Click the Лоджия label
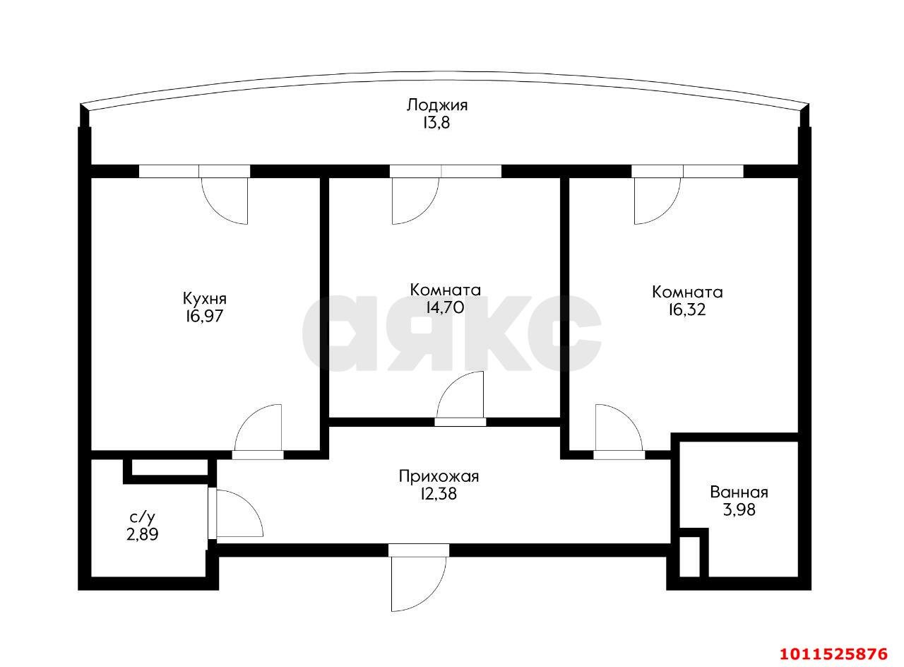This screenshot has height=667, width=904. (436, 106)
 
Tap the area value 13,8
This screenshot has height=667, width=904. (436, 123)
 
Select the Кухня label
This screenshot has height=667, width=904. (205, 298)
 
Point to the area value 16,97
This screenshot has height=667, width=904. (205, 317)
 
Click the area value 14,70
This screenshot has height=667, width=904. (445, 307)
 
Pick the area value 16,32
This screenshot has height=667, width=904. (687, 309)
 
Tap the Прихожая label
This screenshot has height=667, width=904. (439, 476)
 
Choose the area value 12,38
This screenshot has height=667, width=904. (439, 495)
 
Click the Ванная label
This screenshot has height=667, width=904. (739, 492)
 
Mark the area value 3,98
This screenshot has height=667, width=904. (739, 510)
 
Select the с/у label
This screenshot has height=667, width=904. (142, 517)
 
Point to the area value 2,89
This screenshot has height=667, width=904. (142, 535)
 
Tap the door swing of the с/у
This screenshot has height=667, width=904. (237, 514)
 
